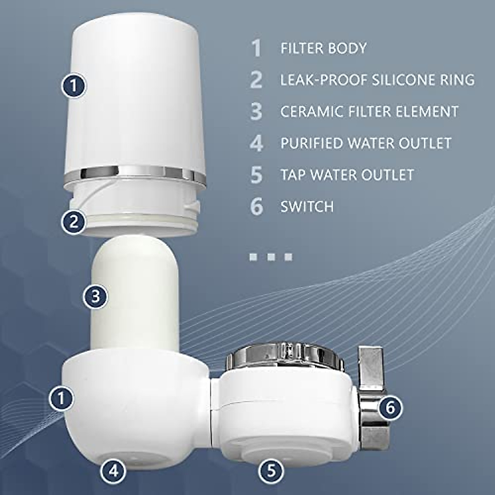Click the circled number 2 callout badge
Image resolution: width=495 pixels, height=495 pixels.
click(74, 222)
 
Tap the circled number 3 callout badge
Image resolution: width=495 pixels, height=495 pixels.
click(95, 296)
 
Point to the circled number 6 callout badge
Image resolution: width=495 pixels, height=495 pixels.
click(390, 408)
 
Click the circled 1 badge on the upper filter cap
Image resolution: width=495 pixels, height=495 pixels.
click(73, 86)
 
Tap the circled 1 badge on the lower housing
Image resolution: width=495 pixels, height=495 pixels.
click(61, 398)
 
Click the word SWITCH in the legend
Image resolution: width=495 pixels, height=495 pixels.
click(307, 206)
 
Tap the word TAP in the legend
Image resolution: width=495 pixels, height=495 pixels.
click(293, 174)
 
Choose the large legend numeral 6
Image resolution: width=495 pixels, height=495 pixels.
click(257, 206)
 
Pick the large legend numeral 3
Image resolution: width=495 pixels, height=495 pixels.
click(257, 111)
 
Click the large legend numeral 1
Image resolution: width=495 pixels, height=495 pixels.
click(257, 48)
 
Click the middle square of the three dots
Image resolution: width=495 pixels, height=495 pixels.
click(271, 257)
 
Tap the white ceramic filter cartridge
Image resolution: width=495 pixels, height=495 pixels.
click(134, 297)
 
